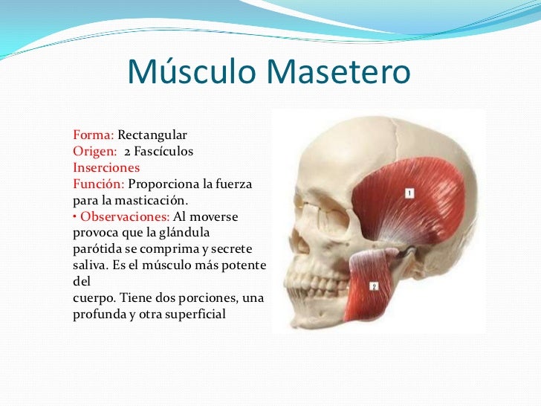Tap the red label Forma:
click(x=93, y=136)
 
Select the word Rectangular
click(x=153, y=136)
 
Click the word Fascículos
click(x=163, y=152)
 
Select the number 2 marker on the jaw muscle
click(x=374, y=285)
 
